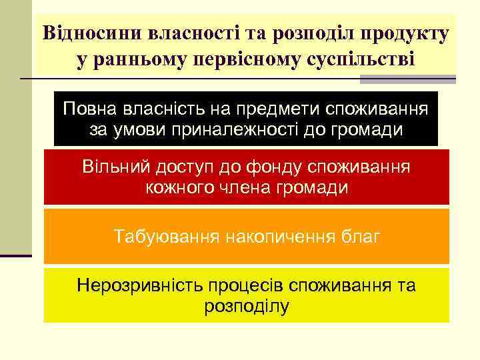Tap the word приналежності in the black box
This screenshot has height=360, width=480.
coord(244,129)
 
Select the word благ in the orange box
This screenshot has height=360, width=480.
coord(361,237)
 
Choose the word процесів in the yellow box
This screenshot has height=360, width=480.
coord(245,285)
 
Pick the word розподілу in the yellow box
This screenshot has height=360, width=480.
coord(246,306)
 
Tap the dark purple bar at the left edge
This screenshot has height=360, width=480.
coord(16,255)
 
